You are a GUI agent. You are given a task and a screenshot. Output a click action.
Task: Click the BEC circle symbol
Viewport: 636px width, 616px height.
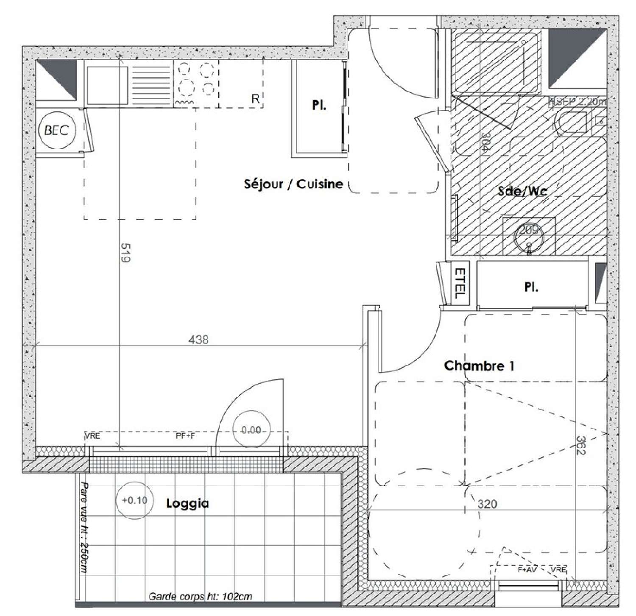(56, 130)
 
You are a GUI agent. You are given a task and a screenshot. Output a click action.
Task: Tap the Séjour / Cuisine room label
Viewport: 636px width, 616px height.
(293, 184)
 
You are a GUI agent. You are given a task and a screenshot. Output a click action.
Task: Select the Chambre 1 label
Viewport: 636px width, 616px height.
(479, 365)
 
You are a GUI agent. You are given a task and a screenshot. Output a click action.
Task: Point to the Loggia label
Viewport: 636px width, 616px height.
(187, 503)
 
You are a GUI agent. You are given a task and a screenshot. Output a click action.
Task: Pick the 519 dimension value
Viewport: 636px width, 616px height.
(124, 253)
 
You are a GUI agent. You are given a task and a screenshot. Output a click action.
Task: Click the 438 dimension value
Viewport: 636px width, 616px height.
(199, 340)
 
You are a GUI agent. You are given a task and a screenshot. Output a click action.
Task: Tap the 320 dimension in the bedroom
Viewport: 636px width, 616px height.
(487, 504)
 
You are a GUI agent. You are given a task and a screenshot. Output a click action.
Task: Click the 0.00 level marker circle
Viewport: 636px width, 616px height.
(251, 430)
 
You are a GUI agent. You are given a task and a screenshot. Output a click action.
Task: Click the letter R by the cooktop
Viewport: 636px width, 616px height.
(255, 99)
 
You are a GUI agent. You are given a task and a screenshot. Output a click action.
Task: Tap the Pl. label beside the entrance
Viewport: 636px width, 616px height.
(319, 105)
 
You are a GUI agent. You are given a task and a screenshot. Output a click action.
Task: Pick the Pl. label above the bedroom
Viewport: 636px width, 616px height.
(531, 287)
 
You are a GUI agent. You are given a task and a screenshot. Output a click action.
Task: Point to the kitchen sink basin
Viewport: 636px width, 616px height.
(106, 85)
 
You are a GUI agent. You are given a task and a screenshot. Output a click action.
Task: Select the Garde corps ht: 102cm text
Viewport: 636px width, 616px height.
(200, 597)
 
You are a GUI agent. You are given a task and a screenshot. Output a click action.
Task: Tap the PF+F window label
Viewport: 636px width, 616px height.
(185, 435)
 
